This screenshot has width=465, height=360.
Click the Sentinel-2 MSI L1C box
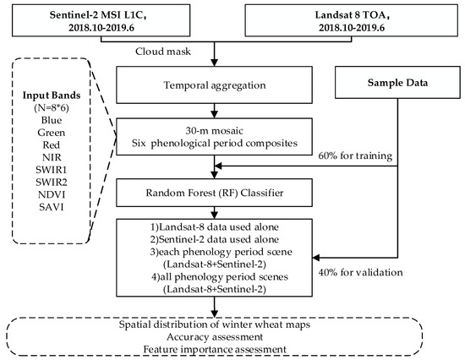(101, 20)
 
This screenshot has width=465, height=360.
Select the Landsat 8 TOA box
(352, 20)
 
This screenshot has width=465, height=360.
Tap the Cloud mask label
(163, 52)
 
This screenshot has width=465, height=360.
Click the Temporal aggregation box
(214, 85)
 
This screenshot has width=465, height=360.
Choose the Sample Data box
(397, 83)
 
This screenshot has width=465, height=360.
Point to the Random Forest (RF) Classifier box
(214, 193)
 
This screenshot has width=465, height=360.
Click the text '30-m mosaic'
(215, 130)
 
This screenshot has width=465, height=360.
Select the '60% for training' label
(355, 155)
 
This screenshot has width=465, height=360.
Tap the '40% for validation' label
(361, 272)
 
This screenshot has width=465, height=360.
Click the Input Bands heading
(52, 95)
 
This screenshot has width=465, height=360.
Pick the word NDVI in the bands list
(52, 194)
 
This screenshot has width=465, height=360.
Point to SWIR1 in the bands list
(52, 170)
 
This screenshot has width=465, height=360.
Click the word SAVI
(52, 207)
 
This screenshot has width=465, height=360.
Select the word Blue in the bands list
(52, 120)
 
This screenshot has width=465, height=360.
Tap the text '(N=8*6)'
(52, 108)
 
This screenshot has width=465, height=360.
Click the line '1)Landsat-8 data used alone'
(215, 227)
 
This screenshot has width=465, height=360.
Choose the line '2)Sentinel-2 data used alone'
(215, 239)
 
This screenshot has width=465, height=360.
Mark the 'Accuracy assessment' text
(215, 337)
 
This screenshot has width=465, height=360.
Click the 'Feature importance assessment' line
(215, 349)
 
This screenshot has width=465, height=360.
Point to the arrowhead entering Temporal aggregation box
(214, 63)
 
